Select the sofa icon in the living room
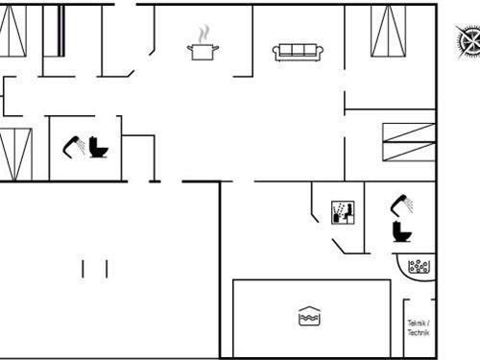[298, 52]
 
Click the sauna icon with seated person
[343, 212]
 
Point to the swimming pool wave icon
[308, 316]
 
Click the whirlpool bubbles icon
[419, 266]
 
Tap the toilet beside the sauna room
[401, 231]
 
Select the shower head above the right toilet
[403, 204]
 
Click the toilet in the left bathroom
[98, 148]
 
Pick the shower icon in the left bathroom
[74, 146]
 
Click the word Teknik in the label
[417, 324]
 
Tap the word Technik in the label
[418, 332]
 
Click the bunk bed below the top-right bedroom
[408, 142]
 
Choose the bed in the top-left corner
[12, 31]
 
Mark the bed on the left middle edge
[15, 154]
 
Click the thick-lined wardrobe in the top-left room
[60, 31]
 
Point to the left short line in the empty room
[84, 268]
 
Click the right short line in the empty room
[106, 268]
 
